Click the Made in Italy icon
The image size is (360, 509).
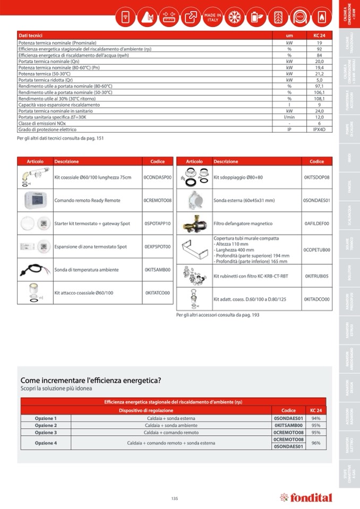pos(212,16)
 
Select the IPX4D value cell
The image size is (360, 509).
pos(319,130)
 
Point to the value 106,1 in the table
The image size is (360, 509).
pos(319,92)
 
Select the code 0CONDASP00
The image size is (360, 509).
pos(158,177)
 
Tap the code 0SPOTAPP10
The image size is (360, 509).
pos(158,223)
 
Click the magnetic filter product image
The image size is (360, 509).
pos(194,223)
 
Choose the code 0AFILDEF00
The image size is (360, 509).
pos(316,223)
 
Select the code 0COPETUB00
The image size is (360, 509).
pos(316,249)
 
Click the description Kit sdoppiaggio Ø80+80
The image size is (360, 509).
pos(238,177)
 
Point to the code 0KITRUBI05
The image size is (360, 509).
pos(316,276)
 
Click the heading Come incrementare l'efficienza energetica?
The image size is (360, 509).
pos(91,380)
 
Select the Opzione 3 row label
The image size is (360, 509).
pos(46,433)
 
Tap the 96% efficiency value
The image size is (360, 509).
pos(316,443)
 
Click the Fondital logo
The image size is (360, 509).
pos(306,497)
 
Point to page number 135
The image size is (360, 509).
pos(175,498)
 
